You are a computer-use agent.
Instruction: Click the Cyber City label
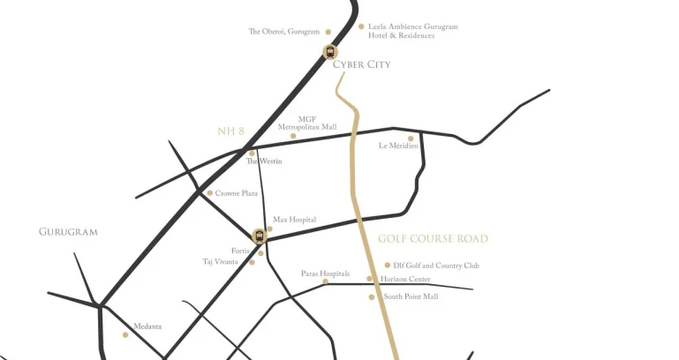(361, 64)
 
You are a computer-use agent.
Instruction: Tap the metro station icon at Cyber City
(330, 51)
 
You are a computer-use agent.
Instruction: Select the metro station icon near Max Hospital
(259, 236)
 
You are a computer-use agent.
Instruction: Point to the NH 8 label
(230, 131)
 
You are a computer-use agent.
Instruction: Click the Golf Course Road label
(433, 239)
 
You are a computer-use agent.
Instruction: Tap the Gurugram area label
(68, 232)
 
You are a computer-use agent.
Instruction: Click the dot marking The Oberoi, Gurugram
(328, 32)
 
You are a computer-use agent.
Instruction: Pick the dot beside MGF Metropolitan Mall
(293, 136)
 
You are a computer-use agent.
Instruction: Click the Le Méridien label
(398, 146)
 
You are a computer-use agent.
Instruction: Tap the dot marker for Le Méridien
(411, 138)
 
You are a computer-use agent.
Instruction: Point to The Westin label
(264, 161)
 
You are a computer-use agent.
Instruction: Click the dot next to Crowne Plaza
(209, 193)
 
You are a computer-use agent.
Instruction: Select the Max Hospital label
(294, 220)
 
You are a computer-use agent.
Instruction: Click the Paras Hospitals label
(325, 274)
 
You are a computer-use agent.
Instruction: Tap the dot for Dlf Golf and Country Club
(388, 265)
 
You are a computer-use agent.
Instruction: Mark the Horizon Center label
(405, 280)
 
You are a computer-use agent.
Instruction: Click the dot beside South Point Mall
(372, 297)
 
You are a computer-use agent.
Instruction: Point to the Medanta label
(147, 326)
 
